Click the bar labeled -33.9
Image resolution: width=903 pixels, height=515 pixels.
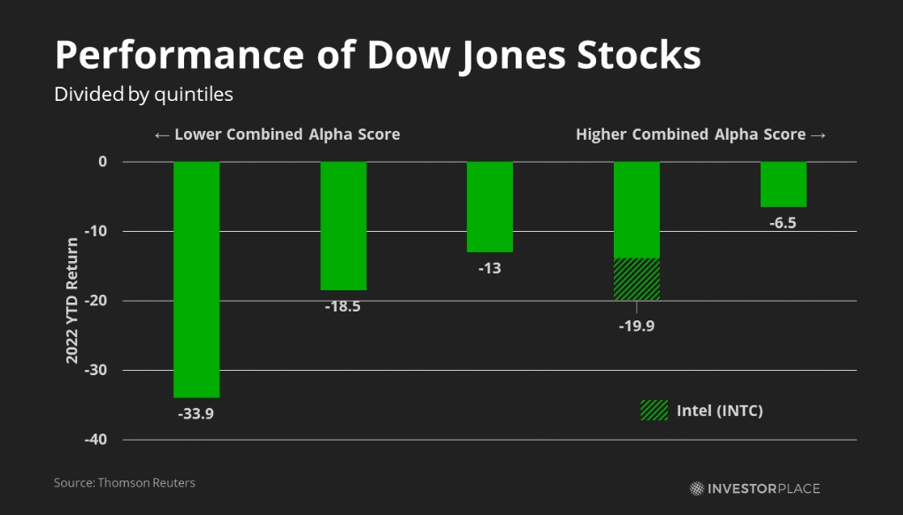196,280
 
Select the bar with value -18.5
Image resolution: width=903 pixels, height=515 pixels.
343,226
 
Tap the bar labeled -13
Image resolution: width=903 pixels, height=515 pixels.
489,207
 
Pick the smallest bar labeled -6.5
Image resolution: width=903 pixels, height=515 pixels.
783,184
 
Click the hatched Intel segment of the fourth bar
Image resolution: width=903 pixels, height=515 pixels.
637,280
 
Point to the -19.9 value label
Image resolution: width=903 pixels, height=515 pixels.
637,325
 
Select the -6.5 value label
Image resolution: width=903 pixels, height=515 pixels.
783,223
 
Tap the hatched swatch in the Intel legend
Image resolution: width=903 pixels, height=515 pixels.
654,411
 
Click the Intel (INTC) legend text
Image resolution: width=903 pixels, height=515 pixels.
719,411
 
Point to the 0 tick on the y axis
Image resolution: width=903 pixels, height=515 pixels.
103,162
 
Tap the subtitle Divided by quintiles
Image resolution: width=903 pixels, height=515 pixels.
143,94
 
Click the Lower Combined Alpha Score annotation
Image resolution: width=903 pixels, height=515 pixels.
277,135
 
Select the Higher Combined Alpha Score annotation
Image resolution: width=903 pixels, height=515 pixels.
700,135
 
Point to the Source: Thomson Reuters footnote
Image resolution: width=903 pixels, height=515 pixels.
125,483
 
